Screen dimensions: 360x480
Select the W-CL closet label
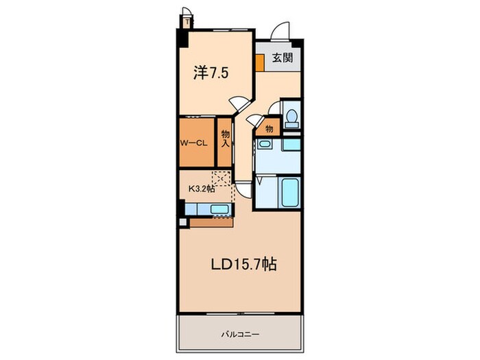[x=193, y=144]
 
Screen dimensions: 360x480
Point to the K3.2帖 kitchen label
[x=202, y=189]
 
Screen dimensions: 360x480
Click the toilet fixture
[x=291, y=117]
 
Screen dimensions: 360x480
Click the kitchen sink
[x=219, y=210]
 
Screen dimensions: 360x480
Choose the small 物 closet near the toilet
[x=269, y=128]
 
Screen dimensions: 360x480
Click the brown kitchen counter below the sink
[x=212, y=222]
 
